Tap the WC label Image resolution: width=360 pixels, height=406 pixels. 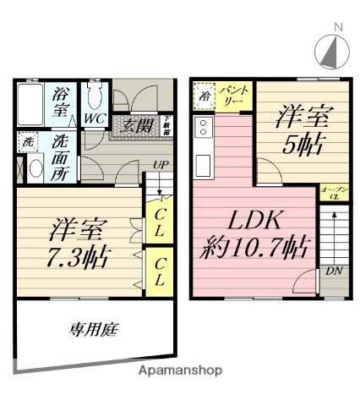pos(93,120)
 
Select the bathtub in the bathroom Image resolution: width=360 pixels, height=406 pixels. pos(30,104)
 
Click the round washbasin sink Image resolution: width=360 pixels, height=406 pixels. pos(35,168)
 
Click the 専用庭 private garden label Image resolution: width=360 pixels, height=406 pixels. pos(90,332)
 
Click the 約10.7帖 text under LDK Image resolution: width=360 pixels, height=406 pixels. pos(254,249)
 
